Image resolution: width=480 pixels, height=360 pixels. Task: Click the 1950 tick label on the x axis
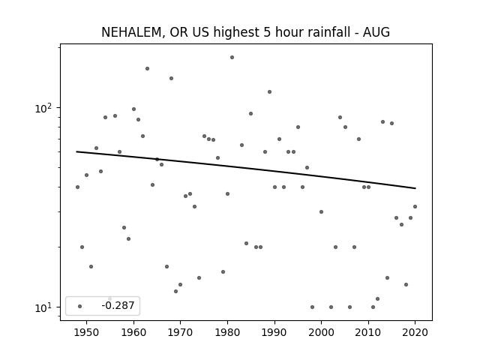87,332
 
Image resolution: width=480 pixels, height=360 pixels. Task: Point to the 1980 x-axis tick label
227,332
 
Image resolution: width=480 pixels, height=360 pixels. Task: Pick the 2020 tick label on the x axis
415,332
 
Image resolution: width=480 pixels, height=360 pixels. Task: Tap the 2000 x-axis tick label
321,332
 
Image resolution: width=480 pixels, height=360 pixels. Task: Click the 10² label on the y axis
43,108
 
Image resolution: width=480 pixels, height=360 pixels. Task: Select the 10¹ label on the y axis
43,307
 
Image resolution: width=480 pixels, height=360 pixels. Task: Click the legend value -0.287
118,305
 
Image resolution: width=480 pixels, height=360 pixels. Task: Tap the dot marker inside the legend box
79,306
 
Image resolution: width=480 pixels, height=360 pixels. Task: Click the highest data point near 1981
232,57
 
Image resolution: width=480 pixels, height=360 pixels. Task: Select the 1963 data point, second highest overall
147,68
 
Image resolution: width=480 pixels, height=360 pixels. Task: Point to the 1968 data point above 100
172,78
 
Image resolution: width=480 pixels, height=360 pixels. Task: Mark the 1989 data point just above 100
270,91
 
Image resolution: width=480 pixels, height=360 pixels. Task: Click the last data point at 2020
415,207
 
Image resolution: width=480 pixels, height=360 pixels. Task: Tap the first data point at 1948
77,187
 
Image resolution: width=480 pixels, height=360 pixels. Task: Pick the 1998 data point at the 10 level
312,307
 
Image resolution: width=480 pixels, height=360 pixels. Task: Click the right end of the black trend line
415,188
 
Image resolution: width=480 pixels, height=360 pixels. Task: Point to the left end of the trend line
76,151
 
